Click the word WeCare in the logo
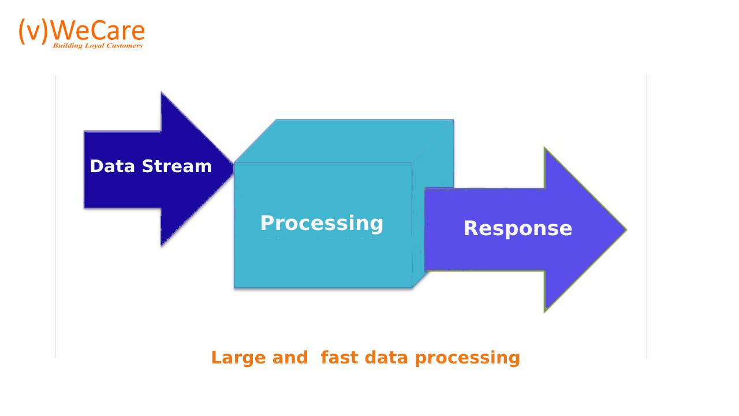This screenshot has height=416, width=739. (98, 31)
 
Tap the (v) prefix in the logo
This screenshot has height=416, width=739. (33, 31)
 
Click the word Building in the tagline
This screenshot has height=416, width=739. (68, 46)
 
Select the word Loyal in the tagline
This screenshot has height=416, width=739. (94, 46)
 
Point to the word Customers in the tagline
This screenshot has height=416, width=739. (124, 46)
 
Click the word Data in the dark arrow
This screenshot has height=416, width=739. (113, 166)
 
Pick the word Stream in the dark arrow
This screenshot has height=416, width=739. (177, 166)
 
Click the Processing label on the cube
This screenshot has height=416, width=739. (322, 224)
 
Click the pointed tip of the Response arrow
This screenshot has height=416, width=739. (626, 229)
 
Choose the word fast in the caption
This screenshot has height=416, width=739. (339, 357)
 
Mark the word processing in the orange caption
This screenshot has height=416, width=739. (468, 359)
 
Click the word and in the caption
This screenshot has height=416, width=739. (290, 357)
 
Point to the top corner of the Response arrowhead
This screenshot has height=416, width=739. (545, 148)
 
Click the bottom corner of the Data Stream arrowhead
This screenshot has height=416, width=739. (161, 246)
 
